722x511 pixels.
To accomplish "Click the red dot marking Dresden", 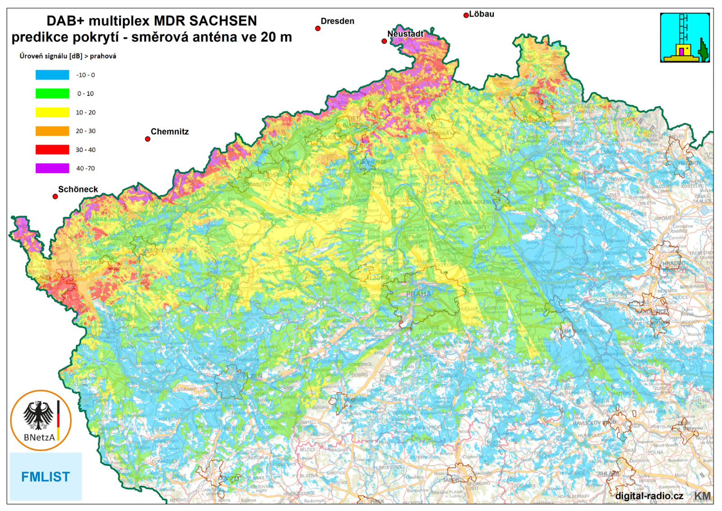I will coord(318,28).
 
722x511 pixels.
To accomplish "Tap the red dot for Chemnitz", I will coord(148,139).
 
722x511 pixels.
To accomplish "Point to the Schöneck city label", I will coord(78,189).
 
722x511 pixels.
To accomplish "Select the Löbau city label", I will coord(481,14).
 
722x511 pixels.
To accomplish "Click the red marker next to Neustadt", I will coord(384,41).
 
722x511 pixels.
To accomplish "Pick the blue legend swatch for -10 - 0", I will coord(52,75).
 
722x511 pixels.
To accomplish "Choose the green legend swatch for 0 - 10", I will coord(52,94).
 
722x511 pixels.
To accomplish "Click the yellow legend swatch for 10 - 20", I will coord(52,113).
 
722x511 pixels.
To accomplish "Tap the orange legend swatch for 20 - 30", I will coord(52,131).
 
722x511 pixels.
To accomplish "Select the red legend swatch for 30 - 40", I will coord(52,150).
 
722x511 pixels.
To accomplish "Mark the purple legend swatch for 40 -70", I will coord(52,168).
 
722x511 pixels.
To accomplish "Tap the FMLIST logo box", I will coord(46,477).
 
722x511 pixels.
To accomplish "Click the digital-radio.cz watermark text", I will coord(649,496).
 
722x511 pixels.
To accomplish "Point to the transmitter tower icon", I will coord(685,38).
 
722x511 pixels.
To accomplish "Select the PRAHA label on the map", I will coord(418,294).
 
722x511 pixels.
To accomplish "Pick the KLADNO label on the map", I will coord(378,278).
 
